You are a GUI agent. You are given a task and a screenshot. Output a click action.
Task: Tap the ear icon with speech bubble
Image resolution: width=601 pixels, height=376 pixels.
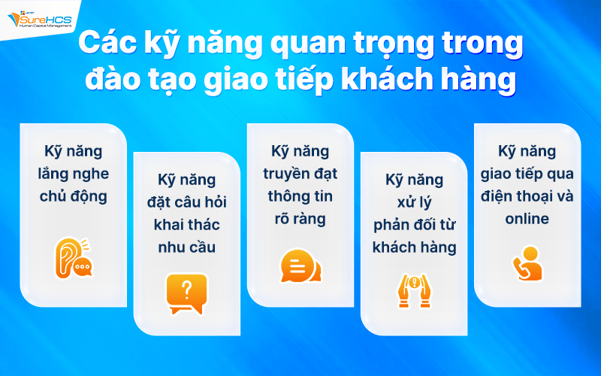(73, 258)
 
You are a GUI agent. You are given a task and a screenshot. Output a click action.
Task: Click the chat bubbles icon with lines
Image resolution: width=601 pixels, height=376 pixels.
(300, 265)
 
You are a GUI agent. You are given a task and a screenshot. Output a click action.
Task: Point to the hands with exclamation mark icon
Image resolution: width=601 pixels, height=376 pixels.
(413, 289)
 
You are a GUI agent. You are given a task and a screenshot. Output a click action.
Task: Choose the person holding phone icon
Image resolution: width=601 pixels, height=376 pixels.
(527, 263)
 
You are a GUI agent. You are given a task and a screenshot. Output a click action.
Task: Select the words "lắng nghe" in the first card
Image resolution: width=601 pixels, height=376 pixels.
(74, 174)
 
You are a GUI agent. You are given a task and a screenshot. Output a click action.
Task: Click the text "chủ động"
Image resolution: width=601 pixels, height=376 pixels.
(74, 197)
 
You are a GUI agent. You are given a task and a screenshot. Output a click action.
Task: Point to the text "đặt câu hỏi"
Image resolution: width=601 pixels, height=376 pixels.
(186, 203)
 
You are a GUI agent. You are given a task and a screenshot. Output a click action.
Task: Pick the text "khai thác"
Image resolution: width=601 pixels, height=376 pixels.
(186, 226)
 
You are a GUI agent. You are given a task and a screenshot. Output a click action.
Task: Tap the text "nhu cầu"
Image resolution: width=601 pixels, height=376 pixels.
(186, 248)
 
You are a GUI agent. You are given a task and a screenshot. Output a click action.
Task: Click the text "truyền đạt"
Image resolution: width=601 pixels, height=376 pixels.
(300, 174)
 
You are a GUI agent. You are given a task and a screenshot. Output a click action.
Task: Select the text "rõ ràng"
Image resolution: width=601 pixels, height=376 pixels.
(300, 220)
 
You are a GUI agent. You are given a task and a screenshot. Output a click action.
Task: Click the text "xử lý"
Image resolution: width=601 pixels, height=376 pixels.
(414, 203)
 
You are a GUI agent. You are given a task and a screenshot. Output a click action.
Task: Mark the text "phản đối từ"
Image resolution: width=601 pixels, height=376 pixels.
(414, 226)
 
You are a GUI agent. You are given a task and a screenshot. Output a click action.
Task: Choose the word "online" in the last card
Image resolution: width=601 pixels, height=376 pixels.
(527, 220)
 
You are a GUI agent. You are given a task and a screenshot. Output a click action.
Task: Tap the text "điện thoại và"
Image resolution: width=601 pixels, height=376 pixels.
(527, 197)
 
